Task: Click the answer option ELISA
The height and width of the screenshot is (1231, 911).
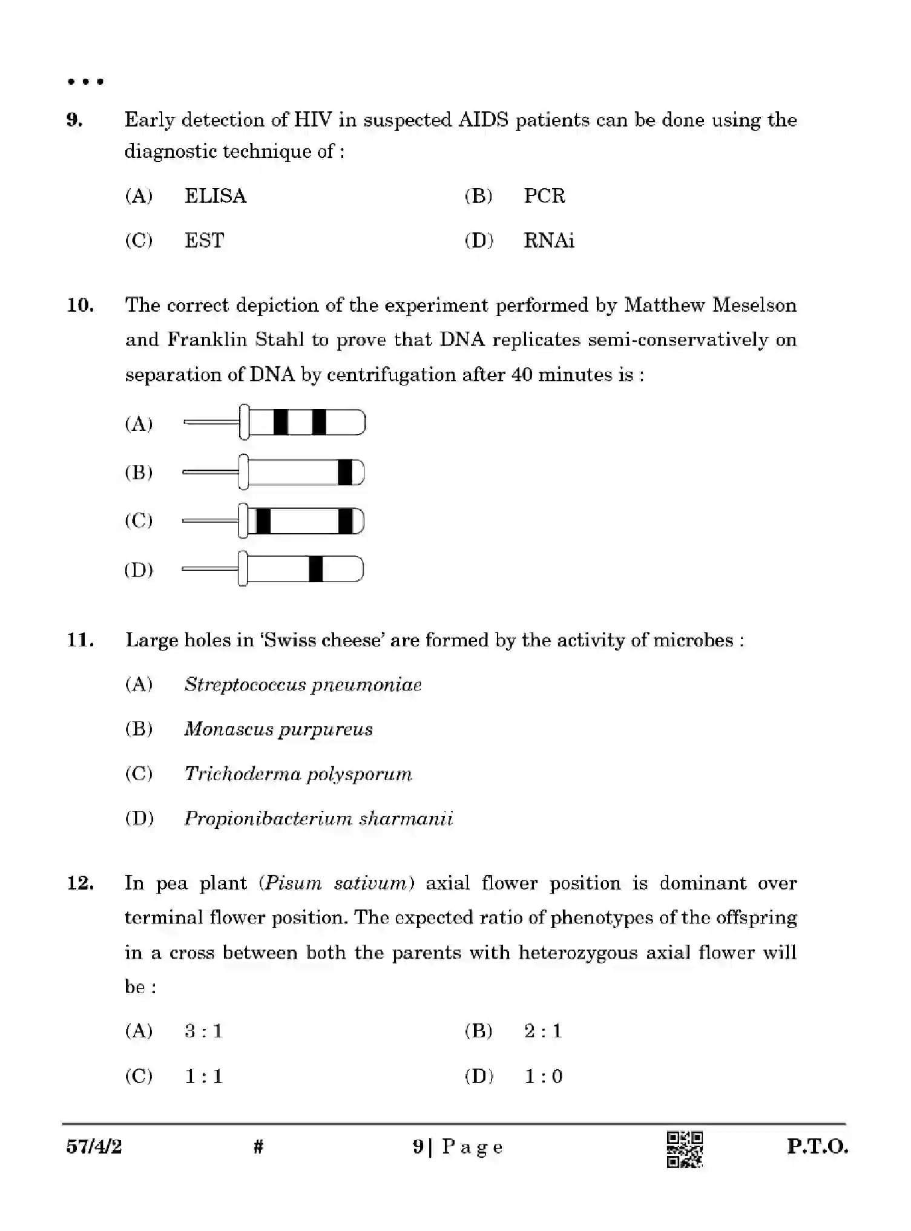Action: (x=215, y=196)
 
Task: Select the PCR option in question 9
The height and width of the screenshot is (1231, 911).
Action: (x=544, y=196)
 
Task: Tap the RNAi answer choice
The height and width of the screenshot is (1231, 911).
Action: (x=548, y=241)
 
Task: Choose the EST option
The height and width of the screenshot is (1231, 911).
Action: (x=204, y=241)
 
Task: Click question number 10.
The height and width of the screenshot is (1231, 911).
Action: (x=81, y=305)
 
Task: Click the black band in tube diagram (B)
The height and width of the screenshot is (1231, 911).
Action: (x=344, y=472)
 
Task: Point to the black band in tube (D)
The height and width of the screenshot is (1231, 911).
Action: (x=315, y=570)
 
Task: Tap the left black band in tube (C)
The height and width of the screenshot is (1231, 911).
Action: (x=263, y=521)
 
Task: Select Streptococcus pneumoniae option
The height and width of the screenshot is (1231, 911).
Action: (x=303, y=685)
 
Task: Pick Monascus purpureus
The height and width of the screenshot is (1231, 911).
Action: (x=278, y=729)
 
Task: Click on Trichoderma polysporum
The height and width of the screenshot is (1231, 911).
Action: (x=298, y=774)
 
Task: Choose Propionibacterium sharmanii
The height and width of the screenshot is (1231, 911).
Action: (x=318, y=819)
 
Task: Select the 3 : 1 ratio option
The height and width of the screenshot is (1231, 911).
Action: (x=204, y=1031)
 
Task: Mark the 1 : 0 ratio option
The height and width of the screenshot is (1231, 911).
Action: (x=543, y=1076)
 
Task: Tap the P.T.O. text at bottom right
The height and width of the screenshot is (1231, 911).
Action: (x=817, y=1146)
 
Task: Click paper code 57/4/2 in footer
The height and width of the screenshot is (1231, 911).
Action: (x=94, y=1146)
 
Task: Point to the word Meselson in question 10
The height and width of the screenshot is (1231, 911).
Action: (x=754, y=305)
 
